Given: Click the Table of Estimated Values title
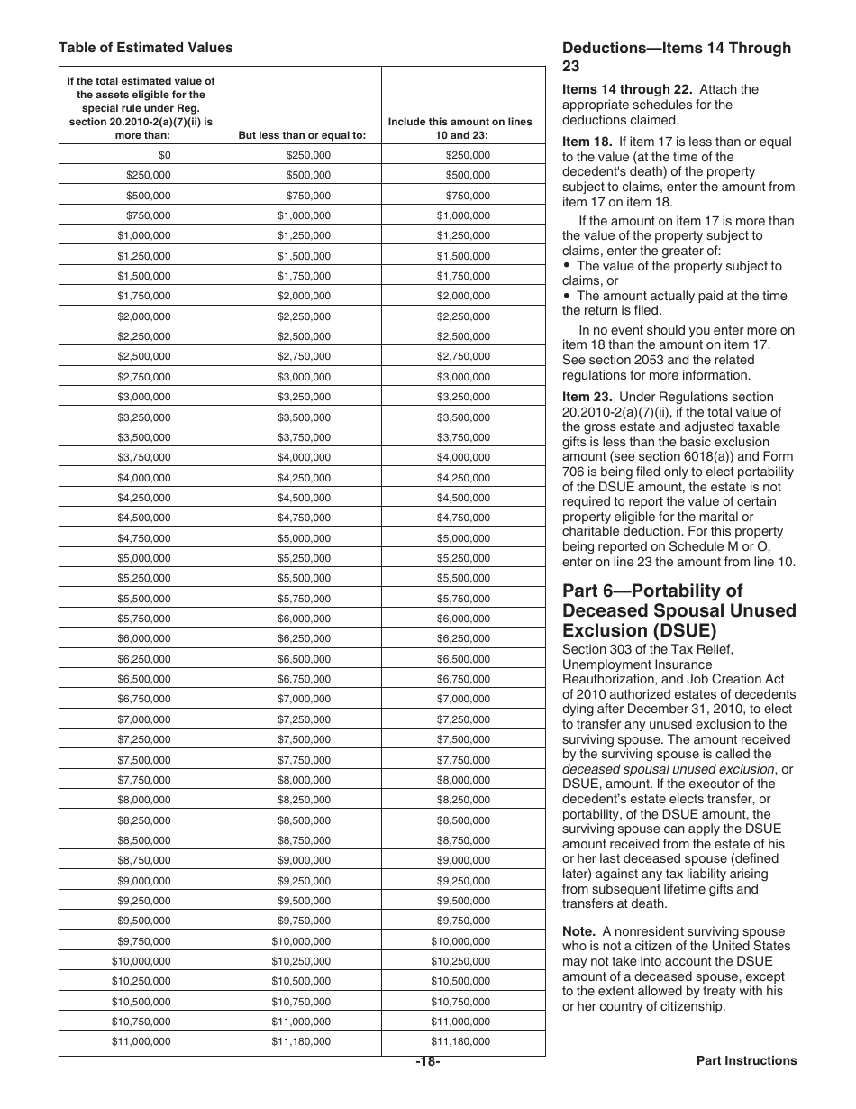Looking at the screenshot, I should pos(145,48).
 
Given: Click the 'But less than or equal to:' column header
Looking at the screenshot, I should pos(302,135).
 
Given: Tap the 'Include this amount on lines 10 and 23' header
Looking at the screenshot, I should pos(460,128).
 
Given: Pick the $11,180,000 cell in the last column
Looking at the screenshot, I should pos(460,1041).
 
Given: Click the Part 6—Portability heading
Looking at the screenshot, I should pos(678,609).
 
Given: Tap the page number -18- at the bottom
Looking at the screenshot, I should pos(427,1061).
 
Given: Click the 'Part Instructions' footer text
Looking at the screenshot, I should pos(746,1061).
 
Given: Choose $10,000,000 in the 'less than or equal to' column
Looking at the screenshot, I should pos(301,940).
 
